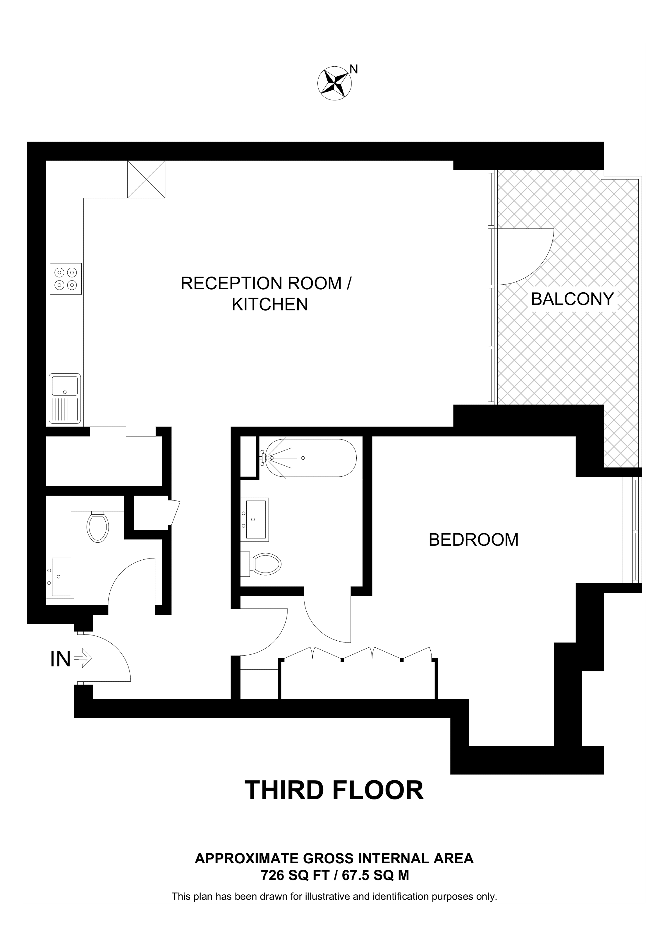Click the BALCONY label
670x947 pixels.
572,299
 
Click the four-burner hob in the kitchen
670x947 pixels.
66,279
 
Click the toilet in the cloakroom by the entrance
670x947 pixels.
98,527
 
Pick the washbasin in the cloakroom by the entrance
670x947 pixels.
60,576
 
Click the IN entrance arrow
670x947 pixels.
83,659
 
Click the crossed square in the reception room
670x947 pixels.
146,179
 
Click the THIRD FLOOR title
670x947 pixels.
334,790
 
